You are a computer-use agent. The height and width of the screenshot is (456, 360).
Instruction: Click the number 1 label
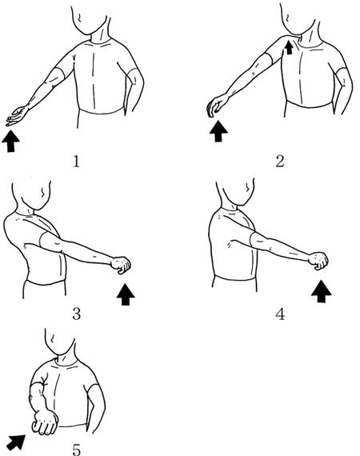[x=76, y=162]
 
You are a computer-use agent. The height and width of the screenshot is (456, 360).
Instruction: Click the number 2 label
[x=279, y=162]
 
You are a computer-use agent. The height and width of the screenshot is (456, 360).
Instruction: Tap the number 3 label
[x=76, y=314]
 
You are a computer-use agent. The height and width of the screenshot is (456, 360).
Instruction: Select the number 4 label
[x=280, y=314]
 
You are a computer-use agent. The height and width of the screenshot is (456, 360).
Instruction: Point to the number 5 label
[x=76, y=450]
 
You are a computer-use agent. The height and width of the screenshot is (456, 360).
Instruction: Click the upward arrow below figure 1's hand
[x=10, y=141]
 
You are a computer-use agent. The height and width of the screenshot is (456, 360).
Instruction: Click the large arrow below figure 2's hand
[x=218, y=131]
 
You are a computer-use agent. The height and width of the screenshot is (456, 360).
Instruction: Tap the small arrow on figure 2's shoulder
[x=289, y=47]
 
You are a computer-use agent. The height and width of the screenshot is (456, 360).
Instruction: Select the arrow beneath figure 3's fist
[x=126, y=294]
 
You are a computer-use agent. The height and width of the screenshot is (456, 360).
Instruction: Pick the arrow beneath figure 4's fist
[x=322, y=291]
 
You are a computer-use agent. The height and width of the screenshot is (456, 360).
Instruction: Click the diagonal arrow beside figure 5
[x=17, y=442]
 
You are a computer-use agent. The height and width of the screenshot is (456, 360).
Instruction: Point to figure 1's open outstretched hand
[x=17, y=115]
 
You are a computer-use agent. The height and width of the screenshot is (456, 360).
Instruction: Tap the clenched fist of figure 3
[x=121, y=265]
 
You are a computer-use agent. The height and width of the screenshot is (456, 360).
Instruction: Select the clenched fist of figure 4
[x=318, y=261]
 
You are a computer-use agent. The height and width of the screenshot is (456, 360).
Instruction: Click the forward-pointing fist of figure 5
[x=45, y=422]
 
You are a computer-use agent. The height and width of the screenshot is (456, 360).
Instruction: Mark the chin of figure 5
[x=60, y=352]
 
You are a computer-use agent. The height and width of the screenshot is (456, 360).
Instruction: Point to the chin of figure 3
[x=38, y=207]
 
